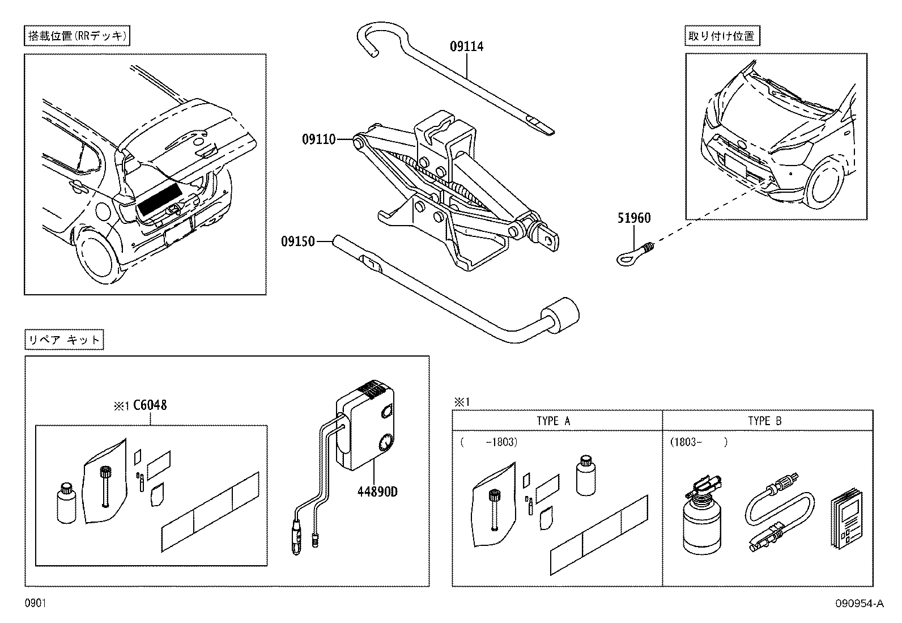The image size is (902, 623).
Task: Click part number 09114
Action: [467, 46]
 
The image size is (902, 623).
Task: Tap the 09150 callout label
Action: [297, 241]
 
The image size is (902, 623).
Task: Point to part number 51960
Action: [633, 218]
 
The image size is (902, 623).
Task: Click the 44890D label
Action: [377, 491]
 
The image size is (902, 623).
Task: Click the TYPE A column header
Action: [553, 421]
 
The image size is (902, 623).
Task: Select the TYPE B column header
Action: [764, 421]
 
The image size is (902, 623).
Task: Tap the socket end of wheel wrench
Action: [561, 315]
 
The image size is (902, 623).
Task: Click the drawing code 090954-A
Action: [858, 604]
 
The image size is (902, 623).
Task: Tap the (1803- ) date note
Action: [698, 442]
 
